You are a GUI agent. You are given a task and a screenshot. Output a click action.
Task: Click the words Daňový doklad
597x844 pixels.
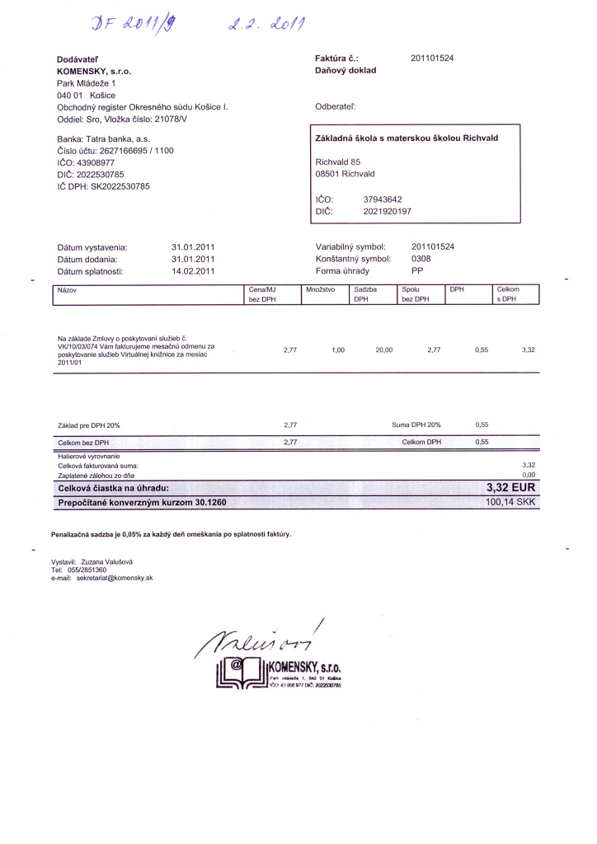point(346,71)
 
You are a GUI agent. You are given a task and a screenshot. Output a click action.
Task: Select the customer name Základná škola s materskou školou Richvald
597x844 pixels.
point(407,138)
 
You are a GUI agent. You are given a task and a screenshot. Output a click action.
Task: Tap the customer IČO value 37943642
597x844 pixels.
point(383,199)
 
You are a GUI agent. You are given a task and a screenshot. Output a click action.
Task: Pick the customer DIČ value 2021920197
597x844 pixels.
point(387,211)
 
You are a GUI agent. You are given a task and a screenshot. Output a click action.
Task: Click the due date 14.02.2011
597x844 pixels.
point(193,271)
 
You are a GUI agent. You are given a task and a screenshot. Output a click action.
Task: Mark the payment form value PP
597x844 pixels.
point(416,271)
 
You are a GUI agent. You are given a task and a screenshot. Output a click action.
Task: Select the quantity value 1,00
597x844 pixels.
point(337,350)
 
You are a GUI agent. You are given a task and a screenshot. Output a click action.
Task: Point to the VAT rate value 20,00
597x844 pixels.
point(384,350)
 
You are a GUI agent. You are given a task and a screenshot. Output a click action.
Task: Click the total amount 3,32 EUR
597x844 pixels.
point(511,488)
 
